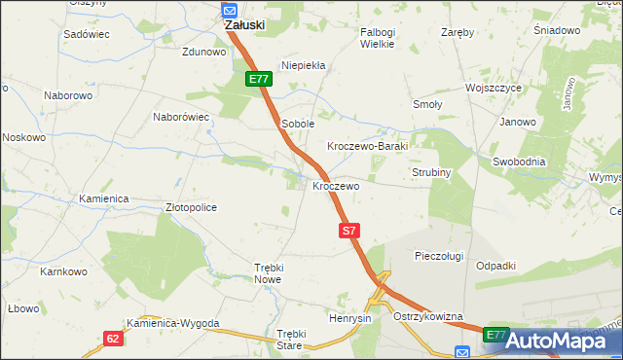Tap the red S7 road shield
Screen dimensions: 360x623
(350, 231)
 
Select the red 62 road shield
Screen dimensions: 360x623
(114, 338)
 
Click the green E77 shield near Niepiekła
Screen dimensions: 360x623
(257, 79)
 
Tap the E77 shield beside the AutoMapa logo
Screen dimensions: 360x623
(495, 335)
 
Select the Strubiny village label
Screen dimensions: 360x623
(428, 172)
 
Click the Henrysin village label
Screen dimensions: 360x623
(350, 318)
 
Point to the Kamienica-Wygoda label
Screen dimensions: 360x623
(172, 323)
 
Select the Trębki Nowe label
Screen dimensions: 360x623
(268, 272)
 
